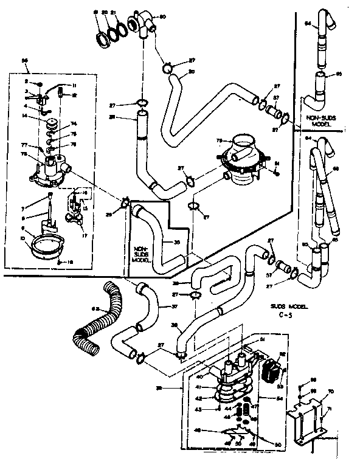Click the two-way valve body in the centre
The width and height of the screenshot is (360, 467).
point(241,159)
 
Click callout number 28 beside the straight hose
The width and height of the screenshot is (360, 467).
point(129,117)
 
